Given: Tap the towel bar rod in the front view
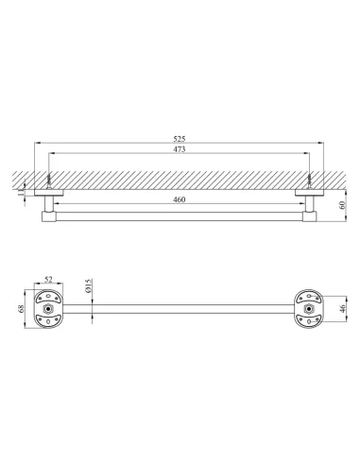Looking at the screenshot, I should coord(180,306).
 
